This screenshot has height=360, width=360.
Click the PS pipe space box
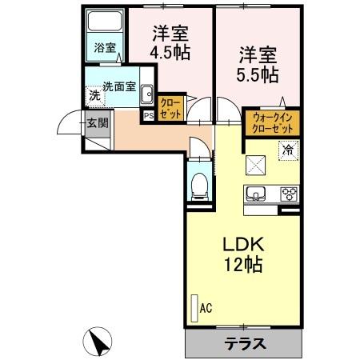point(148,114)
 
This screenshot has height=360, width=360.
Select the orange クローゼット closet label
point(170,109)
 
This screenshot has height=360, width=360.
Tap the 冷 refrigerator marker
point(286,149)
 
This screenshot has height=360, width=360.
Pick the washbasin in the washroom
point(147,96)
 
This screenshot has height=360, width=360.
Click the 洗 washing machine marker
point(95,96)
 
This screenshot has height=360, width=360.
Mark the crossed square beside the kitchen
point(258,166)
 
